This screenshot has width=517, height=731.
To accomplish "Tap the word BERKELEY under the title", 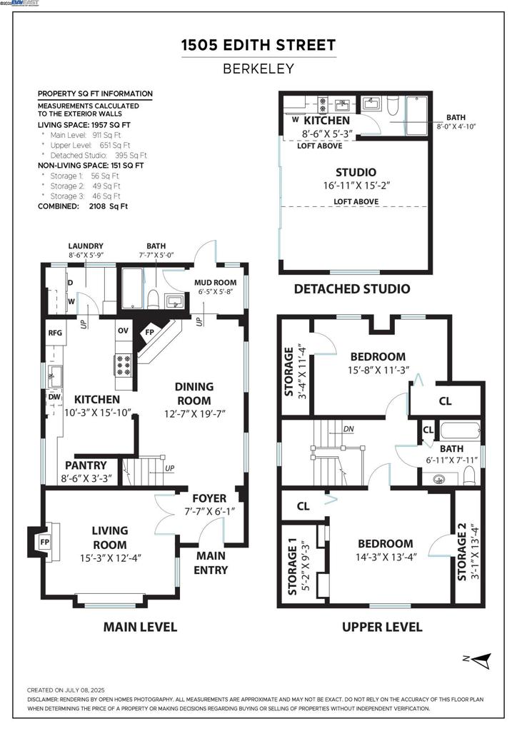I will coord(258,69).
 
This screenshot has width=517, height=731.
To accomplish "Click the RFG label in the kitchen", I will coord(55,333).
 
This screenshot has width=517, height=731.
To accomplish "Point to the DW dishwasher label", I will coord(55,396).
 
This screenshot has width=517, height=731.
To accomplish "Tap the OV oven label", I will coord(123,331).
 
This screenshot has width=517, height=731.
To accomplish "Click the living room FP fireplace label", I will coord(44,542).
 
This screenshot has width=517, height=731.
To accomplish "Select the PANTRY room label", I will coord(86,465).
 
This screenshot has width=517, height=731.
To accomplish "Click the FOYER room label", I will coord(209,498).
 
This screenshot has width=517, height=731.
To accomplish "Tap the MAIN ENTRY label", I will coord(211,563).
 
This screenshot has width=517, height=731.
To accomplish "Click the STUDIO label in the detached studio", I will coord(356,172).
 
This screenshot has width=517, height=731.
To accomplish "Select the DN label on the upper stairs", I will coord(349,429).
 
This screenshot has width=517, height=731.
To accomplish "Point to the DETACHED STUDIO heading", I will coord(352,288).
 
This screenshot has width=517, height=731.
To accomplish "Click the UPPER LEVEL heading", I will coord(381,627).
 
